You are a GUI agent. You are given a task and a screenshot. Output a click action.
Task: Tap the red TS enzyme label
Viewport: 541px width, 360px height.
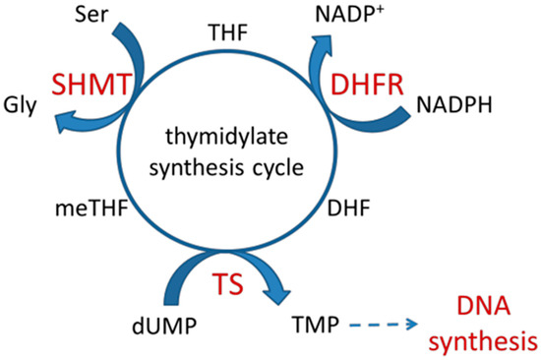[x=227, y=285]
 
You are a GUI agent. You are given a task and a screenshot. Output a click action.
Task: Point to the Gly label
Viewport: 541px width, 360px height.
[x=20, y=103]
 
